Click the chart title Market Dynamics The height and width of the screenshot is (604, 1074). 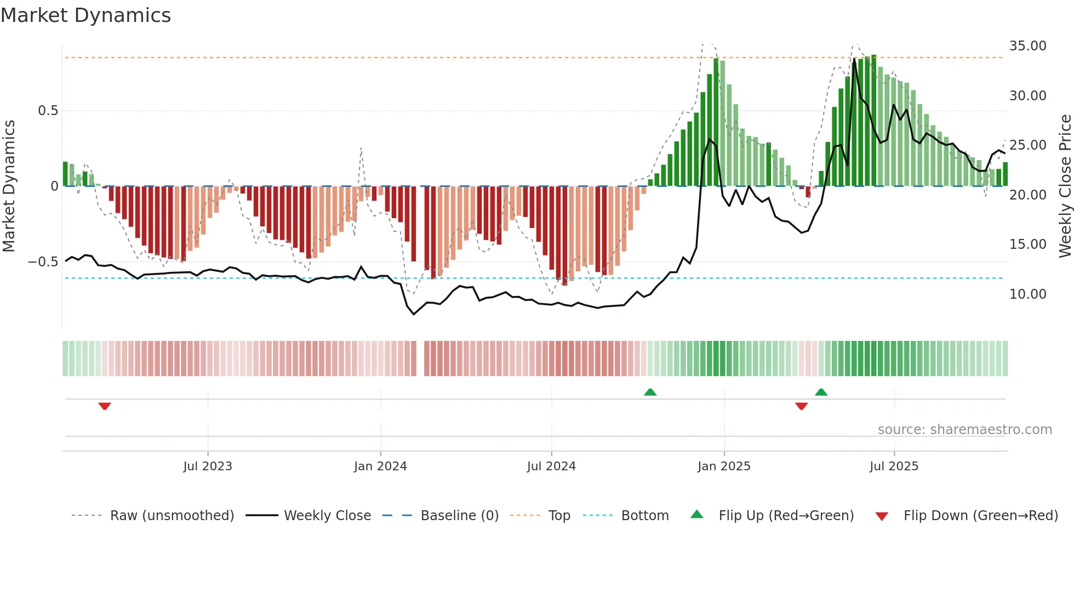(86, 15)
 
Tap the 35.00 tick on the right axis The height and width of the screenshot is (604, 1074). (1027, 46)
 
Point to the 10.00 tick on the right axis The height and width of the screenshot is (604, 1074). (1027, 294)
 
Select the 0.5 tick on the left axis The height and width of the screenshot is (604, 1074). (48, 111)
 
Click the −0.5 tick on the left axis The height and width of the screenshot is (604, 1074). (43, 262)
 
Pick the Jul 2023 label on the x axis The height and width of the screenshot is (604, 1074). (208, 466)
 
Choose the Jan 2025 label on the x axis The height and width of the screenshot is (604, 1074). (724, 466)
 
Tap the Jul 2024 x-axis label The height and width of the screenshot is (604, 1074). (551, 466)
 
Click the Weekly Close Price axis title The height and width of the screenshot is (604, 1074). (1065, 186)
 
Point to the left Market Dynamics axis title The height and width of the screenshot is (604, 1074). (9, 186)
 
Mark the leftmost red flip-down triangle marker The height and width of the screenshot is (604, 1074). (105, 406)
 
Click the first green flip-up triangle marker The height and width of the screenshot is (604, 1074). (650, 392)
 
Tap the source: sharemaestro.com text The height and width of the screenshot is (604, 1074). (964, 430)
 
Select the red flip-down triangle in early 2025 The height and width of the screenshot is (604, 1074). (801, 406)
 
